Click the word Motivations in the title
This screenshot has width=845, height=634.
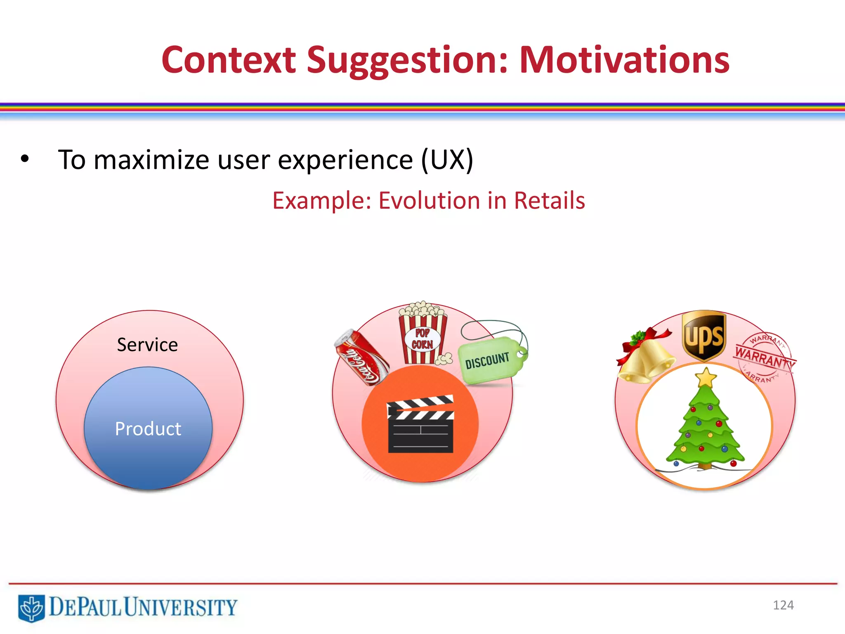(x=624, y=60)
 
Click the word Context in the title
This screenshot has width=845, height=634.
(x=229, y=60)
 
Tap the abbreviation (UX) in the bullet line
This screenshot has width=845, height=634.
(x=447, y=160)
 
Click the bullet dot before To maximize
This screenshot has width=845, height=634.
(x=25, y=159)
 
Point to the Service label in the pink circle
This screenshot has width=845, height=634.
(x=147, y=345)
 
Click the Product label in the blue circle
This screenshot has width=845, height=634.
(x=148, y=429)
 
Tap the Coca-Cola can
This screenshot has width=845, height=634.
(x=361, y=357)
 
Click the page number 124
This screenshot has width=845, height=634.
(x=783, y=605)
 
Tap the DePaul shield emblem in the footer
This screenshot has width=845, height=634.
(x=31, y=608)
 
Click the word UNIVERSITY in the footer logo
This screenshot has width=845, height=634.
(x=181, y=607)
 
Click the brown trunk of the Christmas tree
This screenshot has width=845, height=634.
(x=705, y=466)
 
